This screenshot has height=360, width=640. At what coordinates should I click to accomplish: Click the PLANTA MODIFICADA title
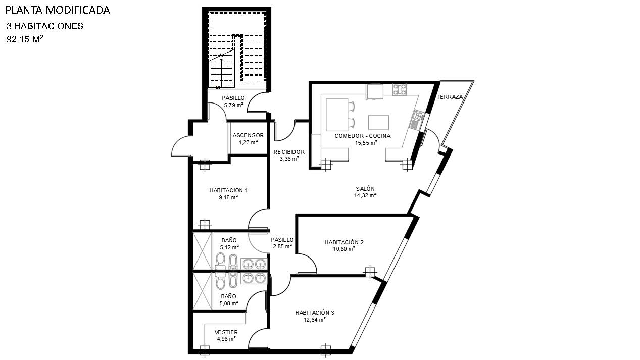(x=58, y=10)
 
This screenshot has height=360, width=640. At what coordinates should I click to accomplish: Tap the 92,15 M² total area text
(x=25, y=39)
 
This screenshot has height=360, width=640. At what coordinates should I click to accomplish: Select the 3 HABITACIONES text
(x=45, y=26)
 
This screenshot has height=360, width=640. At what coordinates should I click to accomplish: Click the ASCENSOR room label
(x=248, y=135)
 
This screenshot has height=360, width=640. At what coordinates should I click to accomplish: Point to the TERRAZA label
(x=450, y=97)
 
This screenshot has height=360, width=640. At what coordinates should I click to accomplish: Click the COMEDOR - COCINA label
(x=363, y=136)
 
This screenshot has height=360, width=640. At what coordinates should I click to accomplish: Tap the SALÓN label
(x=365, y=189)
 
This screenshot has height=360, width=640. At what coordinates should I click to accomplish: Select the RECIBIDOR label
(x=289, y=152)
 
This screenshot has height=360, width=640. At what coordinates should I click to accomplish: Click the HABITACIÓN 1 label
(x=228, y=190)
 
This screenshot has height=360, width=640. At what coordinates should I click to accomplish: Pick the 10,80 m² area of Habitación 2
(x=343, y=249)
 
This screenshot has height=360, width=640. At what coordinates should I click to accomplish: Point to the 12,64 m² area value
(x=315, y=320)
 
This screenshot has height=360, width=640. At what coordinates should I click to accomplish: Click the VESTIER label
(x=226, y=332)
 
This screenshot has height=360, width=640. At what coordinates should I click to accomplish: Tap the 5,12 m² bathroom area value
(x=229, y=247)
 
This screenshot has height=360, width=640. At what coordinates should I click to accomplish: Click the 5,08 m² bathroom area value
(x=229, y=303)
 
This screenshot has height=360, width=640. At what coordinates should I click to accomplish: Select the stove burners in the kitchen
(x=400, y=90)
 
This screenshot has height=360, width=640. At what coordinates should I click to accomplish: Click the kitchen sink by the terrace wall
(x=417, y=120)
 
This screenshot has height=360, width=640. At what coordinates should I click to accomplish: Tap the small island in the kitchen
(x=378, y=123)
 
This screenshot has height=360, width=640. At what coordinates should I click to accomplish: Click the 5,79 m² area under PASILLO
(x=233, y=105)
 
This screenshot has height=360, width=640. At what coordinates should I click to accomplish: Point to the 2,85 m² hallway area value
(x=282, y=246)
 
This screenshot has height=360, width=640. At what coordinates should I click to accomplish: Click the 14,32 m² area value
(x=365, y=195)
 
